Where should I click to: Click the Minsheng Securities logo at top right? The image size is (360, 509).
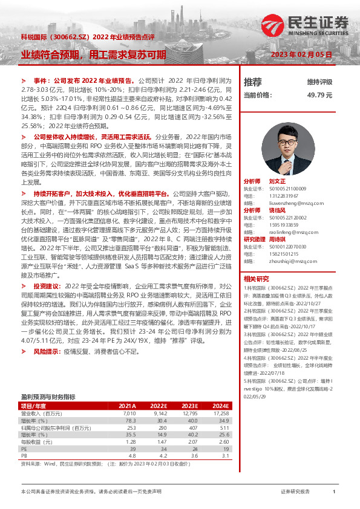coord(321,25)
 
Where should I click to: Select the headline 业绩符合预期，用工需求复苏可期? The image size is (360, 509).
coord(93,54)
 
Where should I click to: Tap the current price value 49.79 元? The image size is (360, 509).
coord(320,96)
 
